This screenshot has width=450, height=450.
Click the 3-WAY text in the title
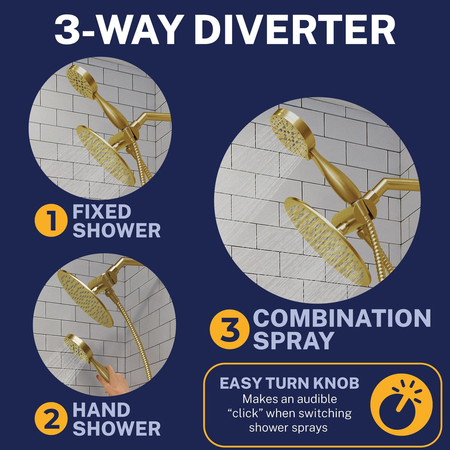pyautogui.click(x=115, y=31)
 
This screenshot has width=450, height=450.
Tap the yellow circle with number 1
pyautogui.click(x=51, y=221)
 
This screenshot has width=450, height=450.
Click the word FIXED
pyautogui.click(x=102, y=212)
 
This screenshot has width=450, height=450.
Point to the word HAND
pyautogui.click(x=101, y=410)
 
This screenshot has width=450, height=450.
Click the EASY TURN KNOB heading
pyautogui.click(x=289, y=383)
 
